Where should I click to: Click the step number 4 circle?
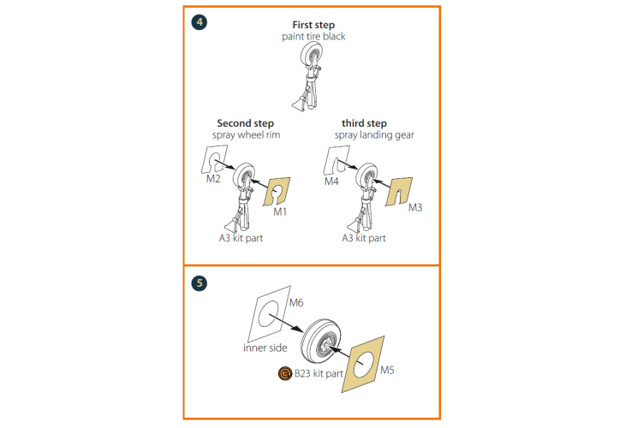tap(199, 22)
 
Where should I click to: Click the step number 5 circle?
tap(199, 283)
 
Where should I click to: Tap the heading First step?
tap(313, 25)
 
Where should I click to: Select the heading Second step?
tap(246, 123)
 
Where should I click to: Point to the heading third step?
tap(364, 123)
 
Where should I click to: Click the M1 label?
tap(280, 211)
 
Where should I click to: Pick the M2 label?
tap(213, 179)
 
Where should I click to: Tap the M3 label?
tap(415, 207)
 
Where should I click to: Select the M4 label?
tap(331, 181)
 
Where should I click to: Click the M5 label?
tap(387, 370)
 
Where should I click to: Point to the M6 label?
tap(296, 302)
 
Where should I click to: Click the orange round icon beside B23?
tap(285, 374)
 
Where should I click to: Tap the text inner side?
tap(265, 348)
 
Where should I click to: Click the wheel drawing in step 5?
tap(321, 341)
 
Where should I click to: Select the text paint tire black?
tap(313, 37)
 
